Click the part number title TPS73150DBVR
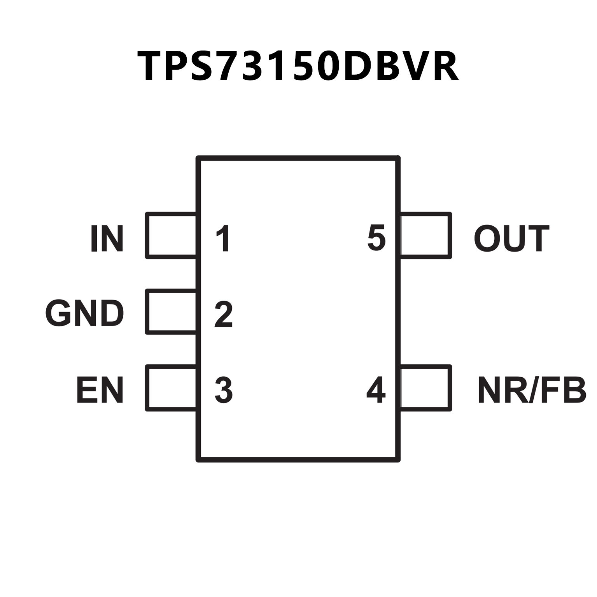(298, 66)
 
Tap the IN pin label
(107, 238)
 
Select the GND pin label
(85, 313)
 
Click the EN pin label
(100, 389)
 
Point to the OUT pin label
(511, 238)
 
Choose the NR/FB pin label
(532, 389)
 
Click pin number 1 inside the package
(223, 238)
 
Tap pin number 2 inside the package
(224, 314)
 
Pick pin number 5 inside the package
(376, 238)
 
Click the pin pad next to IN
(171, 235)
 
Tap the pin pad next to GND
(171, 312)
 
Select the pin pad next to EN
(171, 388)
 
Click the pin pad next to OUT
(425, 235)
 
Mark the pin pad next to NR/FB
(425, 388)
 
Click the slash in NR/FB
(535, 389)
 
